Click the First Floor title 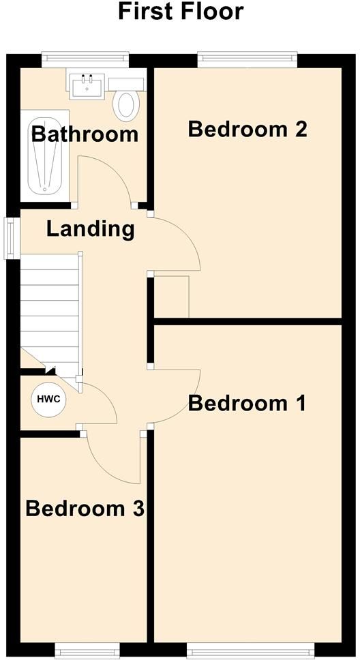181,12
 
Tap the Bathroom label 85,134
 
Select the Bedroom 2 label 247,129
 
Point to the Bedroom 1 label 247,403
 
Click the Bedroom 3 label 85,508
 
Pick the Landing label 90,230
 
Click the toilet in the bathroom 126,100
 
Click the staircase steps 50,312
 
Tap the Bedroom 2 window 247,59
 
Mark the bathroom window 85,59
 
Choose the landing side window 12,238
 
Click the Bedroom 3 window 87,650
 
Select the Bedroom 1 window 251,650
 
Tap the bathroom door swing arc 114,170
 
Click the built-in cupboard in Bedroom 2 171,297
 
